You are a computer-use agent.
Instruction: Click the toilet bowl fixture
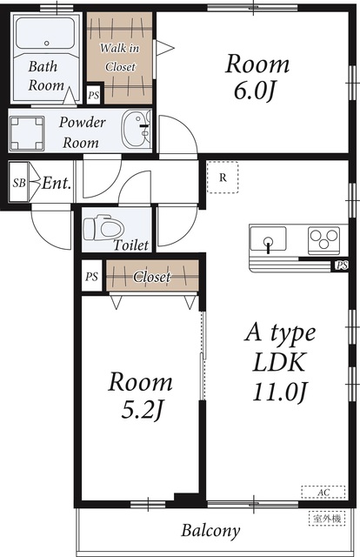click(x=103, y=228)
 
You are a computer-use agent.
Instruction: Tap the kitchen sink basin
click(x=268, y=238)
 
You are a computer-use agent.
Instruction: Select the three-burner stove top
click(x=323, y=240)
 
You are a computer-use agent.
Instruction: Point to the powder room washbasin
click(x=136, y=129)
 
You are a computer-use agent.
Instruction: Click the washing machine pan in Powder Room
click(x=27, y=133)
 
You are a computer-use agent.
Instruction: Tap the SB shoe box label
click(x=19, y=183)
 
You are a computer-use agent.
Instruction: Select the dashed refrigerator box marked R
click(x=223, y=178)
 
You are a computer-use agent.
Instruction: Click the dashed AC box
click(x=323, y=493)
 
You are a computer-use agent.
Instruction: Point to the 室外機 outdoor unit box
click(x=327, y=519)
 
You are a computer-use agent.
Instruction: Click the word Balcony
click(x=210, y=531)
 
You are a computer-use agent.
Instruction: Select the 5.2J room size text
click(x=142, y=410)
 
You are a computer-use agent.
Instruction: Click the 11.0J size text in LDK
click(x=280, y=393)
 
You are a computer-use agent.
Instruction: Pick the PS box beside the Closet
click(x=92, y=276)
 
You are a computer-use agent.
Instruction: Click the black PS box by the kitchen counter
click(x=342, y=265)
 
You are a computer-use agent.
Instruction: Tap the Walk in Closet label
click(x=120, y=57)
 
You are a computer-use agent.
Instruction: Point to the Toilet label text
click(x=131, y=245)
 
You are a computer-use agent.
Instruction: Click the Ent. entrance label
click(x=57, y=184)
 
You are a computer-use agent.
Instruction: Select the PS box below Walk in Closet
click(x=94, y=95)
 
